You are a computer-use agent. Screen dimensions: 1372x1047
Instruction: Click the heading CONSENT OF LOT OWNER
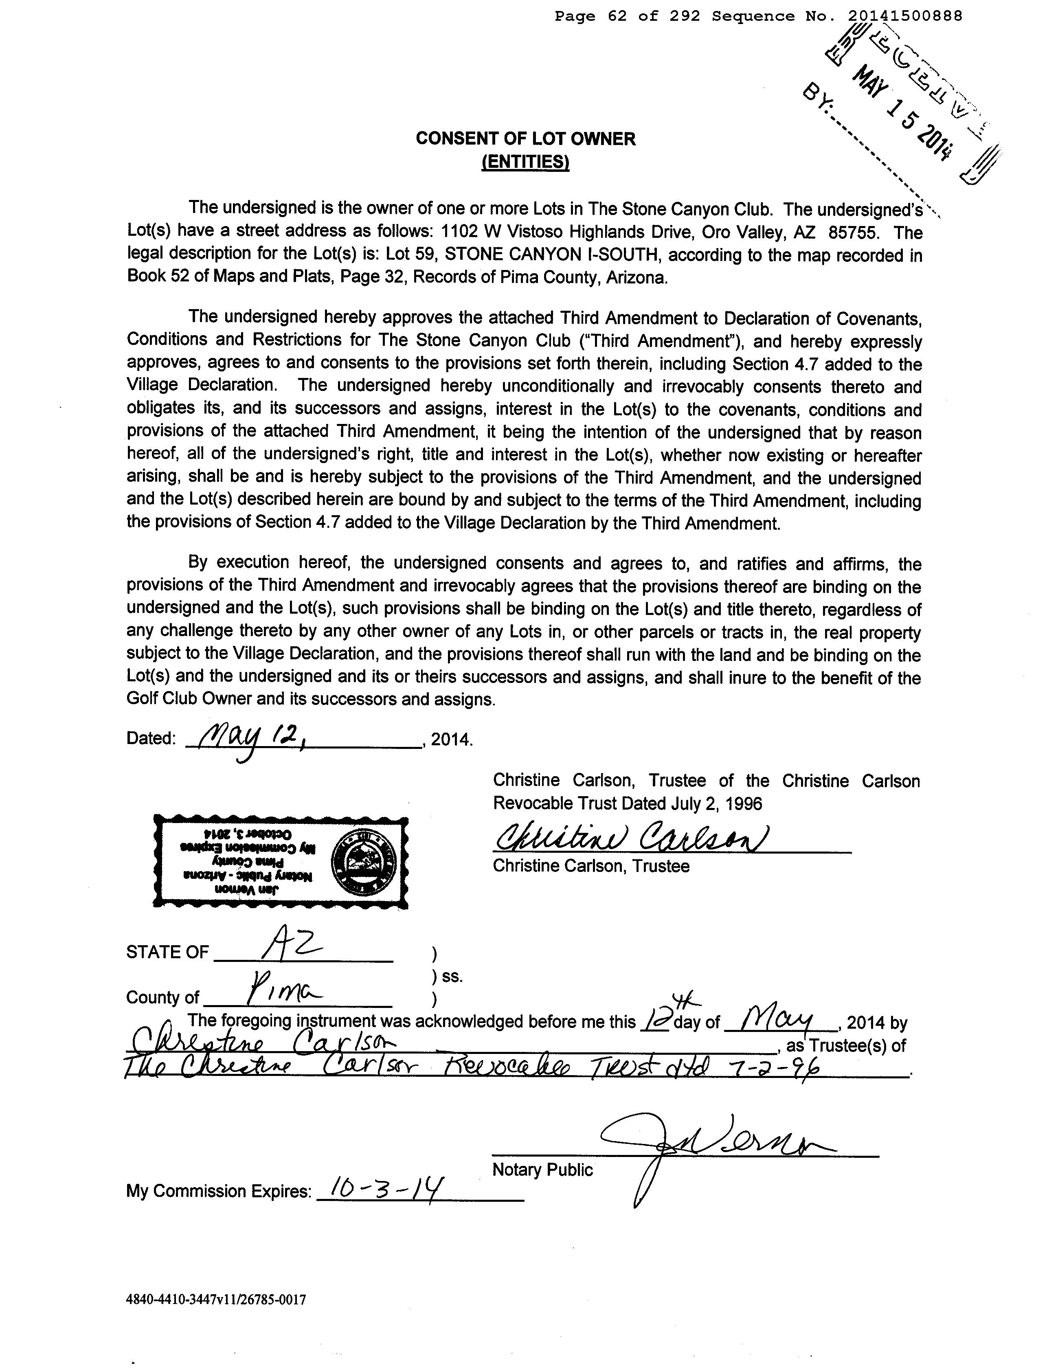(x=525, y=138)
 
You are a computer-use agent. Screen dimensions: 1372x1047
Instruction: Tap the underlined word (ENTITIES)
(x=525, y=162)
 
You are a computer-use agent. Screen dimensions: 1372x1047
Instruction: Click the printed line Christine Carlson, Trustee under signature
(x=591, y=866)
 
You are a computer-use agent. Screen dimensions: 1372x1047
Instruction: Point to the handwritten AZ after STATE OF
(x=292, y=951)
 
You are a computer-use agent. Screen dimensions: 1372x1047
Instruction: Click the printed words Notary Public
(x=542, y=1170)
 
